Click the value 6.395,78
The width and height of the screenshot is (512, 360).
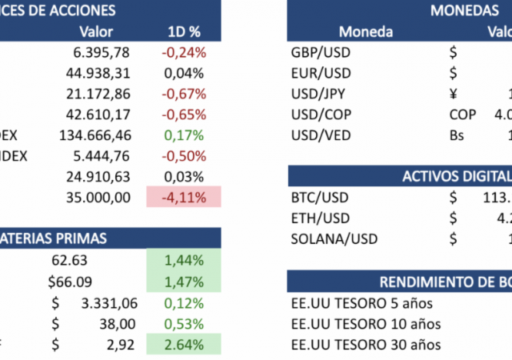click(102, 53)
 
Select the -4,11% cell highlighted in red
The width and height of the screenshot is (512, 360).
click(183, 197)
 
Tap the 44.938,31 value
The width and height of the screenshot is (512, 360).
click(98, 74)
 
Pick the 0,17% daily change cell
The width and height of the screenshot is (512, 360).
click(183, 135)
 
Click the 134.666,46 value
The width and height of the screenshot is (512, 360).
click(94, 135)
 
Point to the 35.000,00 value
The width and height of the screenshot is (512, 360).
click(98, 197)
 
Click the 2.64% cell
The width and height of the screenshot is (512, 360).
click(183, 345)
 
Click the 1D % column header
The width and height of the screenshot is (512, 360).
click(183, 32)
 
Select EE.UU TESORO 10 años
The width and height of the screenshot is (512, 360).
click(366, 323)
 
